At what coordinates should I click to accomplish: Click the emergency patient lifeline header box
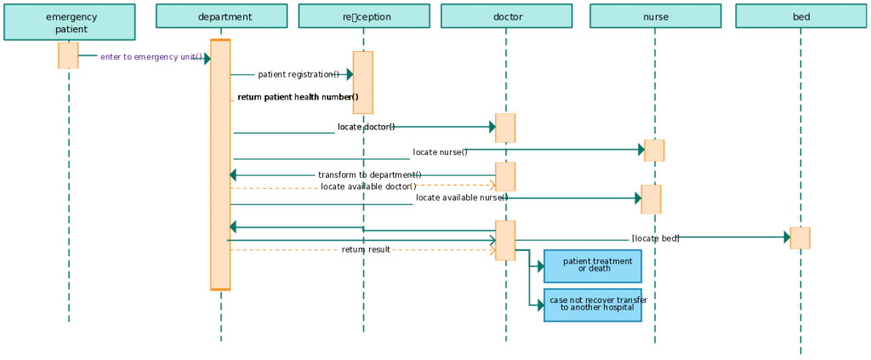tap(69, 22)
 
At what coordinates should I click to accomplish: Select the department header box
tap(221, 16)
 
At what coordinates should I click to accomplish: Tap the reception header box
tap(364, 16)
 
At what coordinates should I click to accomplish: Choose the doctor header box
tap(506, 16)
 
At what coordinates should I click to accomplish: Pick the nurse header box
tap(655, 16)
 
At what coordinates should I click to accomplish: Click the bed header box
tap(800, 16)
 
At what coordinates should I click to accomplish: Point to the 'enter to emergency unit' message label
tap(151, 57)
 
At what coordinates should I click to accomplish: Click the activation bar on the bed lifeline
tap(800, 237)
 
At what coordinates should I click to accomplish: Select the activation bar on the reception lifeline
tap(363, 83)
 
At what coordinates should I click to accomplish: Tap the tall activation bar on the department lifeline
tap(220, 165)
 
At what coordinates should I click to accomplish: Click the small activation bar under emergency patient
tap(68, 54)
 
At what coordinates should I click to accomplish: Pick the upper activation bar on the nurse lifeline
tap(654, 150)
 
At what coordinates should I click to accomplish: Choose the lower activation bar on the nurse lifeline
tap(651, 199)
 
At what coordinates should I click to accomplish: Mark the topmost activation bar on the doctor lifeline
tap(505, 128)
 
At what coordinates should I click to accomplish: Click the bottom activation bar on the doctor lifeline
tap(505, 240)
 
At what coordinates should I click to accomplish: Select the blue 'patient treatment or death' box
tap(593, 266)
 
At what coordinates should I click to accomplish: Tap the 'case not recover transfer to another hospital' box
tap(593, 305)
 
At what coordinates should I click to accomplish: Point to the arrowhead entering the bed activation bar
tap(787, 237)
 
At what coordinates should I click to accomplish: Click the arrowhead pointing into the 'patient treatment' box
tap(539, 266)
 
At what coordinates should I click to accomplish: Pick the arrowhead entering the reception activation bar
tap(349, 75)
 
